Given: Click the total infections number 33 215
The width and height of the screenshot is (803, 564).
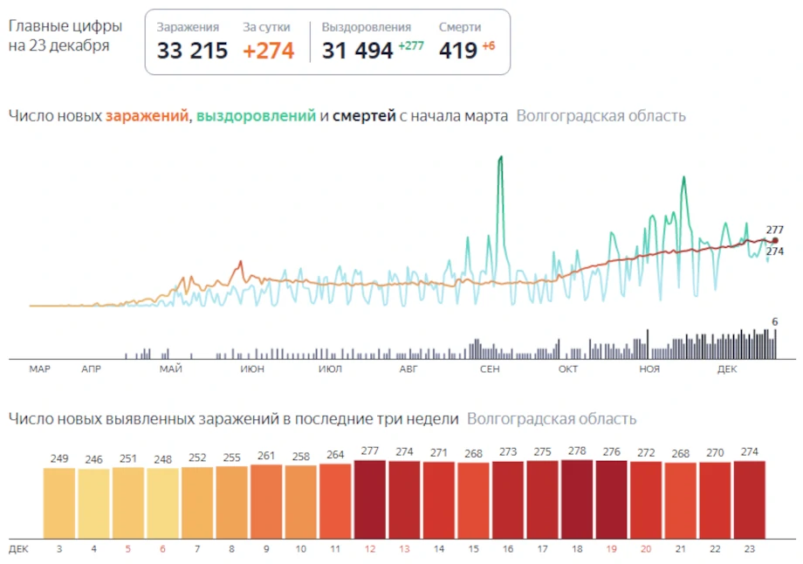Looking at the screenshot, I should pos(192,51).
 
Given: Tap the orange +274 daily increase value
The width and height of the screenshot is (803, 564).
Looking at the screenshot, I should pos(268,51).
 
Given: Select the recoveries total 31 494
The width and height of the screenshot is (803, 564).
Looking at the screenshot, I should pos(357,51).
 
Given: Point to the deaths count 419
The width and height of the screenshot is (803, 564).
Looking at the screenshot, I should pos(457,51).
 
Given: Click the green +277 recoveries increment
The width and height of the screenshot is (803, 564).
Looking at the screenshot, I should pos(410,46).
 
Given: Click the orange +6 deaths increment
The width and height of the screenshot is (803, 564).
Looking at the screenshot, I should pos(488,46).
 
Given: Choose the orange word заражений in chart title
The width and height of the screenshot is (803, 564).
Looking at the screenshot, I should pos(148,116).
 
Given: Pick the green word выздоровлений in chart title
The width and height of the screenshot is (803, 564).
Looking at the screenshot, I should pos(256,116).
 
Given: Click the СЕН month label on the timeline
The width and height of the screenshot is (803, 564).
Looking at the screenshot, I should pos(490,369).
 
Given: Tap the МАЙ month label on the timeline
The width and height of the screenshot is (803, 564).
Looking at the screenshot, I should pos(171,369).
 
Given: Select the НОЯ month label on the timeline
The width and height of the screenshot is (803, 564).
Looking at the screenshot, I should pos(649,369).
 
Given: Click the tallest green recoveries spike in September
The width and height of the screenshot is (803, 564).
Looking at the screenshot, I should pos(500,159).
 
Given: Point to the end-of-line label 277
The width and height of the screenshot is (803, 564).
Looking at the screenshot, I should pos(775,230).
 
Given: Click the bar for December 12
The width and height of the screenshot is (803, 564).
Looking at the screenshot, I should pos(370,499).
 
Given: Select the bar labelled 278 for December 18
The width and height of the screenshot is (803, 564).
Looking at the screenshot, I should pos(577,499).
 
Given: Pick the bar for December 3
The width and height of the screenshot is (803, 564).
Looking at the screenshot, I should pos(59,503).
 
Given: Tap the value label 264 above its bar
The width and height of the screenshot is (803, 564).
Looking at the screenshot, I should pos(335,453).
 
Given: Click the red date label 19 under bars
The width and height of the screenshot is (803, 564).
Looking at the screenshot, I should pos(611,549).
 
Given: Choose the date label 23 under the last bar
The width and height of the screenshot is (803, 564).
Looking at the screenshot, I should pos(749,549).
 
